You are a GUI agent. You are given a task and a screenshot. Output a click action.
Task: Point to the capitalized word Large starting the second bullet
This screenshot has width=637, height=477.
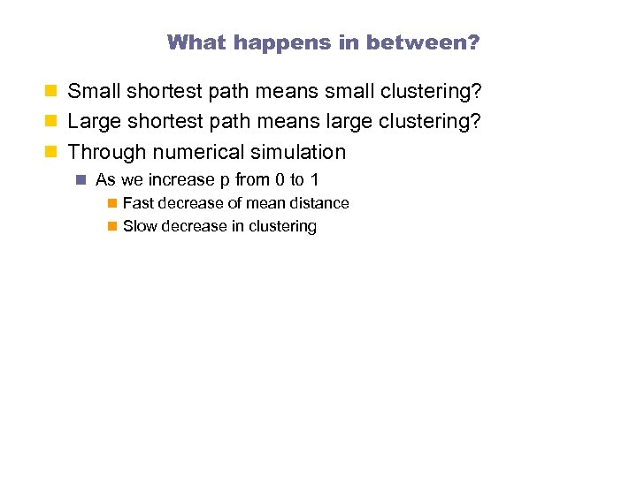pyautogui.click(x=93, y=121)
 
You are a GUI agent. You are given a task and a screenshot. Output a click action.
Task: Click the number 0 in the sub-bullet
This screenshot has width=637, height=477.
pyautogui.click(x=280, y=180)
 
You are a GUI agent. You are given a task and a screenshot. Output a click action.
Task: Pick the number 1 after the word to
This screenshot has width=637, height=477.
pyautogui.click(x=314, y=180)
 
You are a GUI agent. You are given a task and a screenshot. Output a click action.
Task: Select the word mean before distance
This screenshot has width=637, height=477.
pyautogui.click(x=265, y=203)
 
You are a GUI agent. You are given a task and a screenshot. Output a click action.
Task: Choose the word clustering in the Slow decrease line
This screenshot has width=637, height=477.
pyautogui.click(x=281, y=226)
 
